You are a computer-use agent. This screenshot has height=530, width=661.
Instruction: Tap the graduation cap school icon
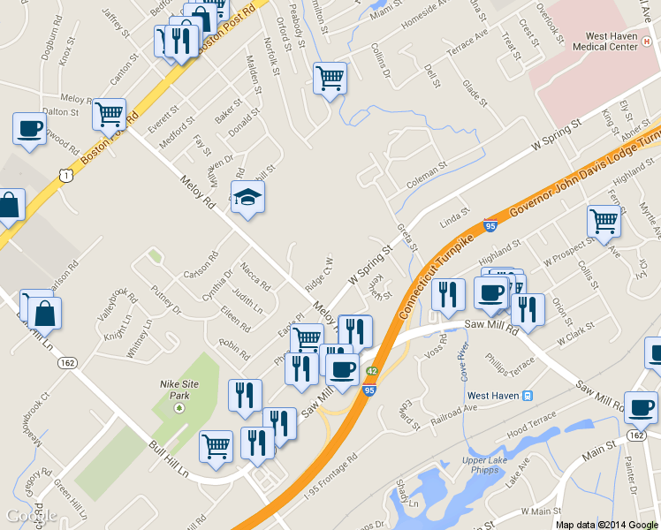[247, 200]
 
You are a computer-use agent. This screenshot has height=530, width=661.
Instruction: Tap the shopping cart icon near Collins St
[330, 78]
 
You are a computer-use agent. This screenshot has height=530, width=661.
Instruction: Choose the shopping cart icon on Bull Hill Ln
[216, 446]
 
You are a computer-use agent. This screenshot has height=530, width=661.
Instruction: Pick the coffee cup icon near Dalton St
[29, 129]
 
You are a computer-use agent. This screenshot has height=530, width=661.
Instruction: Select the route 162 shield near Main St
[636, 435]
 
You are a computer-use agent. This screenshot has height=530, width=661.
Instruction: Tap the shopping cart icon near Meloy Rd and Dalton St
[109, 114]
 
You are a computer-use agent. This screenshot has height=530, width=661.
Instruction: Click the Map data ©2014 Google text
[606, 524]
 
